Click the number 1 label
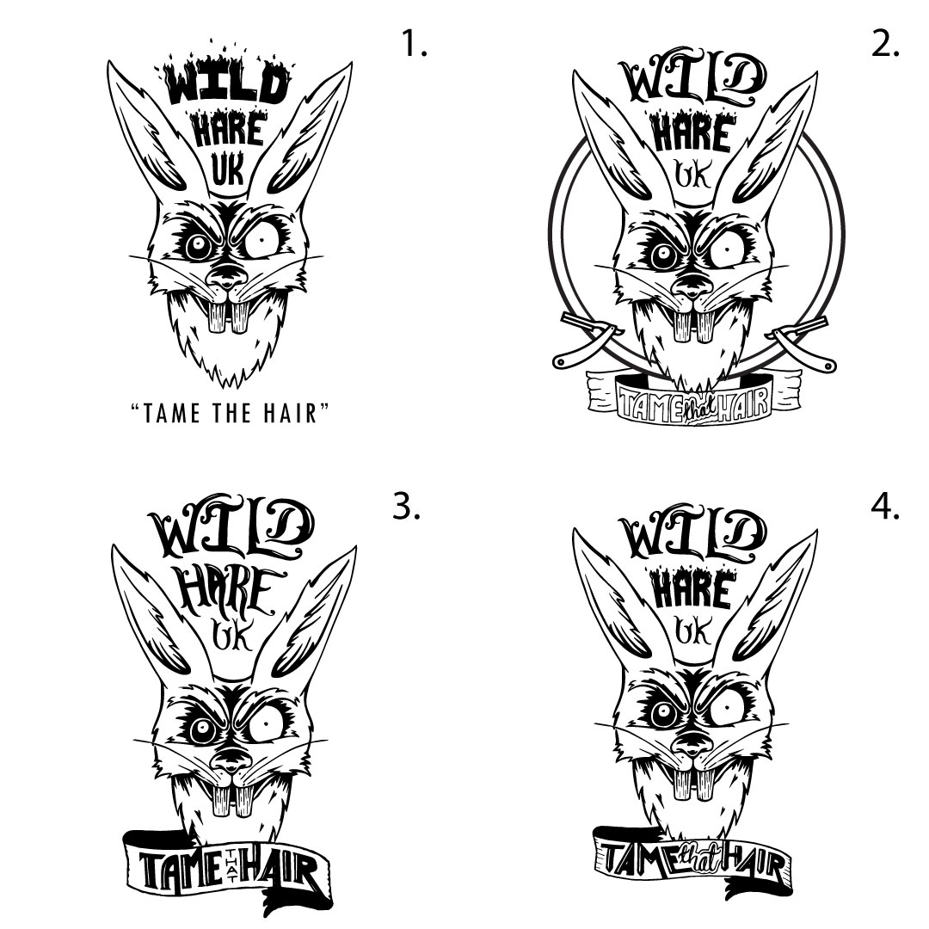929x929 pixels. [414, 43]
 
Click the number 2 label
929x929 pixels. [885, 43]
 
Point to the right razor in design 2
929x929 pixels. [803, 342]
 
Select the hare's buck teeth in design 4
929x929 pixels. [697, 784]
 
